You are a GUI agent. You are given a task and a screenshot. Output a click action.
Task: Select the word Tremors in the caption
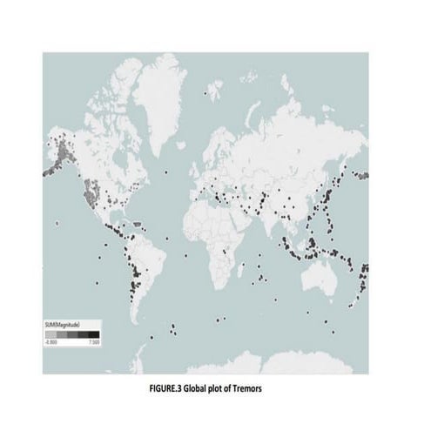point(259,387)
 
